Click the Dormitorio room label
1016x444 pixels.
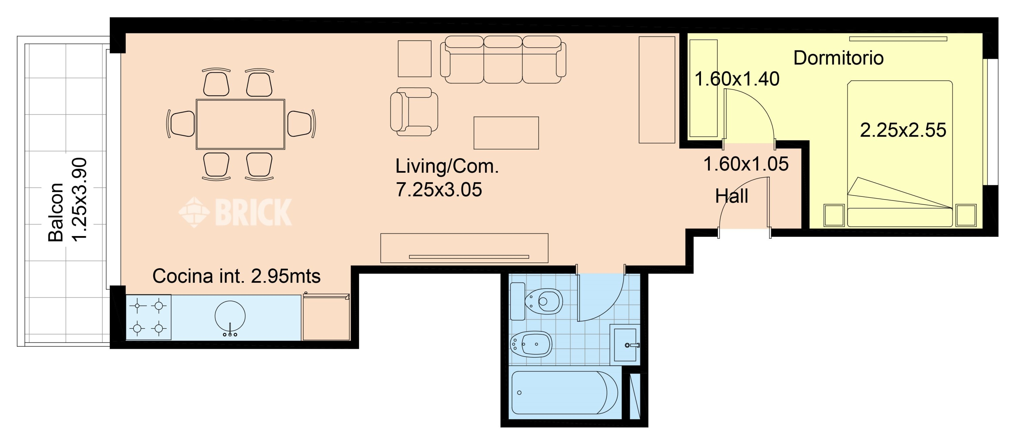tap(838, 58)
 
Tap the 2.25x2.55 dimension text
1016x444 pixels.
tap(903, 130)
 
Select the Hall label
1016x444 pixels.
tap(732, 196)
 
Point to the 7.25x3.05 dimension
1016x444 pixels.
tap(439, 190)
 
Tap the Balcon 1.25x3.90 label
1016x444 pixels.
tap(67, 199)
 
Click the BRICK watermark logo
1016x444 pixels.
tap(235, 212)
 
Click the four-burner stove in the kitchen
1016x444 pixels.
tap(148, 317)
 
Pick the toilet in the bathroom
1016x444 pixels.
tap(536, 302)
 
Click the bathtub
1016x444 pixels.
tap(565, 392)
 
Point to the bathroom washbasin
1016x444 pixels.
tap(625, 345)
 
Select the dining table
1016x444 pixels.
tap(240, 124)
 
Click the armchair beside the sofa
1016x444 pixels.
tap(414, 111)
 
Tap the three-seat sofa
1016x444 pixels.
tap(503, 60)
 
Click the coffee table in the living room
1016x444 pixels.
tap(506, 133)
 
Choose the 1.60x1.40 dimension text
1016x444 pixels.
tap(737, 79)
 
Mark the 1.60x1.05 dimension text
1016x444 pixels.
tap(746, 164)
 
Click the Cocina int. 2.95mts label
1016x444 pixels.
tap(236, 276)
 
